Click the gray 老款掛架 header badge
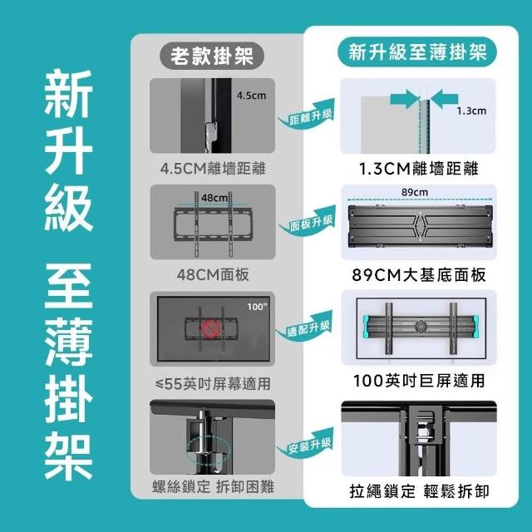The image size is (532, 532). (x=212, y=56)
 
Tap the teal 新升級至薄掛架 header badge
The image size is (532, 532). (x=417, y=52)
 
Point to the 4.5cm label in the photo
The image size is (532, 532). (x=251, y=96)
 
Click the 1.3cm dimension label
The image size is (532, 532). (x=471, y=111)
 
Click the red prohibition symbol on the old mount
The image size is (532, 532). (x=211, y=329)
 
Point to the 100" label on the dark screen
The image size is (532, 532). (x=257, y=307)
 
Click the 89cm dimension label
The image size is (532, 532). (x=415, y=192)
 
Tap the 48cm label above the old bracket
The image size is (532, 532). (x=214, y=198)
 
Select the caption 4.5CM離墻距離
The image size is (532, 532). (x=213, y=168)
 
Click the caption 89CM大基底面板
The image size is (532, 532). (x=419, y=274)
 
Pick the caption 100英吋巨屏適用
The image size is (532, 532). (x=419, y=381)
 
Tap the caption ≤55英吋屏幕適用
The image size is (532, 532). (x=213, y=384)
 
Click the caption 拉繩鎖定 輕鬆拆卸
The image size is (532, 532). (x=419, y=491)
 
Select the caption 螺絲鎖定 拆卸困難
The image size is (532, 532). (x=213, y=487)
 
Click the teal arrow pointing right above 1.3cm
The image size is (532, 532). (x=405, y=99)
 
